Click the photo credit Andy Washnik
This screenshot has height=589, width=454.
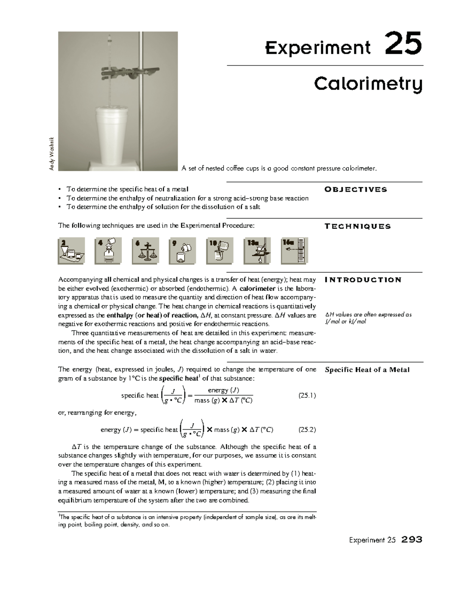click(x=53, y=153)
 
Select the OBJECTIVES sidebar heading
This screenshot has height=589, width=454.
click(x=356, y=190)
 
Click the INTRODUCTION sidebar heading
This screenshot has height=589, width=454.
click(x=363, y=280)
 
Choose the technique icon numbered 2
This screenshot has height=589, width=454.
click(x=71, y=251)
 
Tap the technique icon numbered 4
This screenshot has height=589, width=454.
click(x=109, y=251)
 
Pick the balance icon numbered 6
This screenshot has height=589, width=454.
click(x=146, y=251)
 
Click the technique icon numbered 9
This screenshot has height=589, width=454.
click(x=183, y=251)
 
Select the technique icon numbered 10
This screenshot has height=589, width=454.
click(x=220, y=251)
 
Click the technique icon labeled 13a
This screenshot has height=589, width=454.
click(x=258, y=251)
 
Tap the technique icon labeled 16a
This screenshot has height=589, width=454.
click(x=295, y=251)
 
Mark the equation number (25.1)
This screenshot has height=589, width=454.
click(x=307, y=396)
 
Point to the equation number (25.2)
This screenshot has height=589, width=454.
click(x=307, y=430)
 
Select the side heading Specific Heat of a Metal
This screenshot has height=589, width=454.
click(x=367, y=370)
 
